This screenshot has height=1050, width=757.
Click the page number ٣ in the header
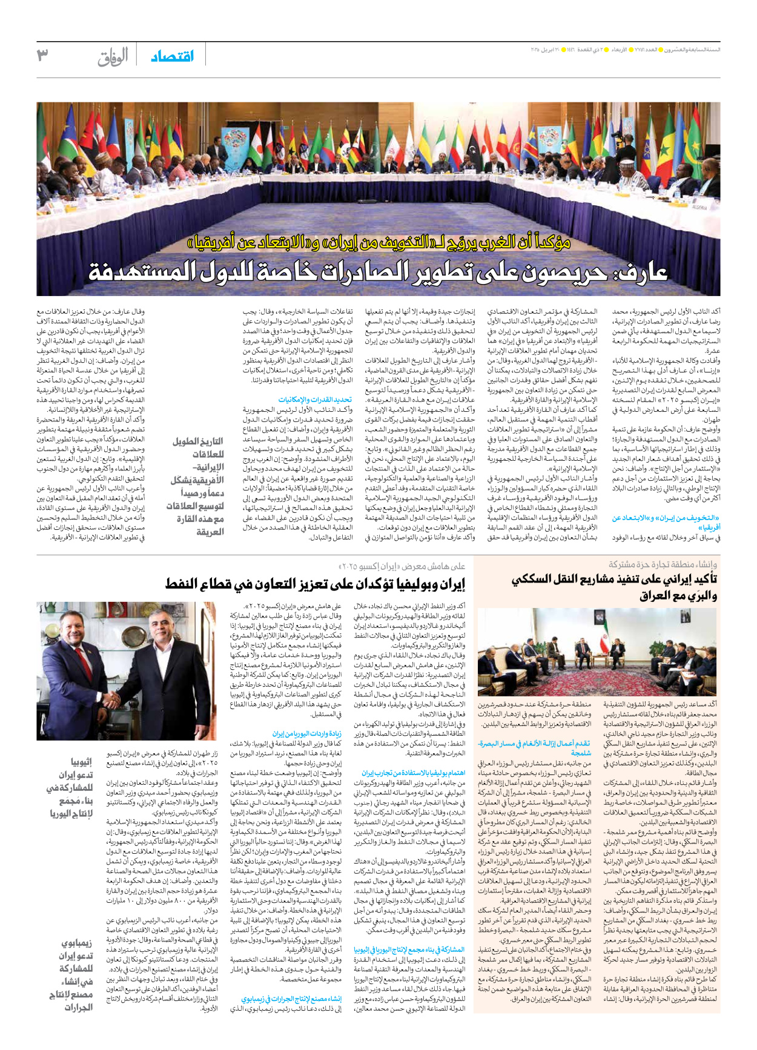[42, 55]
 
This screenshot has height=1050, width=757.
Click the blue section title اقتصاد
[173, 56]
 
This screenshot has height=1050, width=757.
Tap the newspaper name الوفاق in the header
[113, 57]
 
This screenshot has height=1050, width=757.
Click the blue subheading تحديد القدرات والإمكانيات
[315, 400]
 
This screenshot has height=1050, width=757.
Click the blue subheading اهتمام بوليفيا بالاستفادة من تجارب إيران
[414, 773]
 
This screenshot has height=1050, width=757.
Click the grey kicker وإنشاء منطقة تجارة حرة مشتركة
[663, 564]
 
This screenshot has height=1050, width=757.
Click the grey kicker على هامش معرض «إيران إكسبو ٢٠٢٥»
[402, 566]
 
